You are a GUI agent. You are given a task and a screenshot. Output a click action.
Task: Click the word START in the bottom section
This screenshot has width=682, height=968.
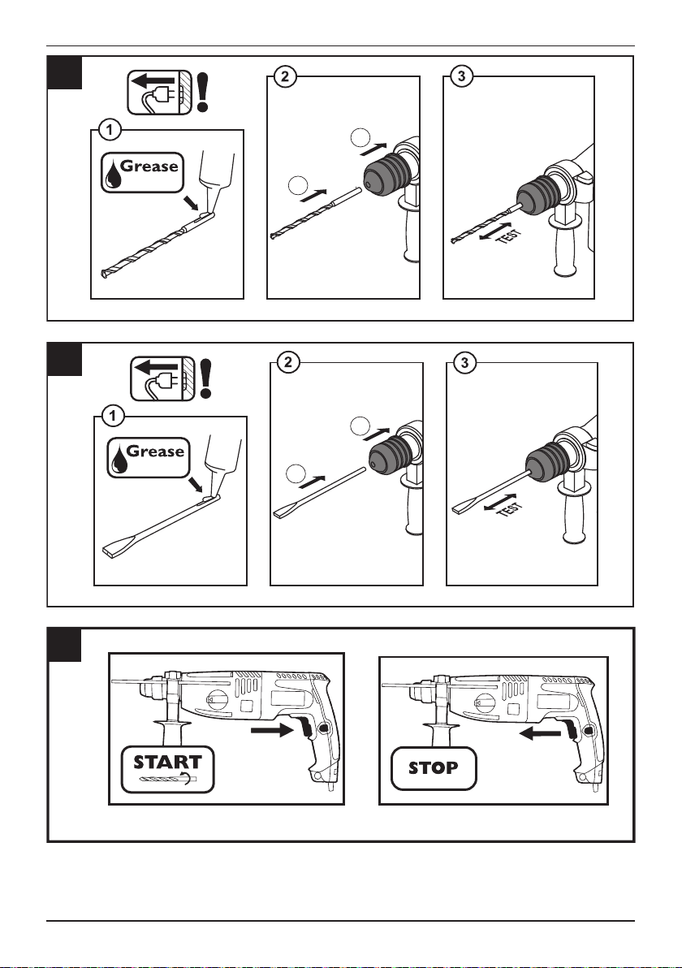[x=167, y=762]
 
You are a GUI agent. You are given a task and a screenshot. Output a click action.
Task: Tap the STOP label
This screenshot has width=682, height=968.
[x=434, y=768]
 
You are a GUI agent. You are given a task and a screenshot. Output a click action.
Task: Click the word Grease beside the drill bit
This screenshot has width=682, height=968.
[x=149, y=166]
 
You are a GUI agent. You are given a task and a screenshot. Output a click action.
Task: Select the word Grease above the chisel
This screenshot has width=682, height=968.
[x=155, y=452]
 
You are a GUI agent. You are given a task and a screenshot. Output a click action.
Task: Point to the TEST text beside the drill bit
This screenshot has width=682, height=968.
[x=510, y=236]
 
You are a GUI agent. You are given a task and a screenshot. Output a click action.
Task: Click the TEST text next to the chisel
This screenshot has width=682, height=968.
[x=510, y=509]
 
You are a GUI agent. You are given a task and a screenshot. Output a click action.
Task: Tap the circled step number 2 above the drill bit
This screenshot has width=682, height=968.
[x=284, y=76]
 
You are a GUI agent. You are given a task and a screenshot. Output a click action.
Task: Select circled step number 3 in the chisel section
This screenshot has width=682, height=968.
[x=464, y=362]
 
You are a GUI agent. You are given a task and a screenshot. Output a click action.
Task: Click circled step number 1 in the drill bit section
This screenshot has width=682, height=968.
[x=110, y=130]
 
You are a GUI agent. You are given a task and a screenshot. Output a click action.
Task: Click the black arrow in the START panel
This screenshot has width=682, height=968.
[x=271, y=730]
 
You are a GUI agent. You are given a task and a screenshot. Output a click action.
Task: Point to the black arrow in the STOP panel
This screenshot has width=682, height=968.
[x=541, y=733]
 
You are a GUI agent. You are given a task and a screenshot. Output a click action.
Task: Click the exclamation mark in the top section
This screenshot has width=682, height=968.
[x=202, y=92]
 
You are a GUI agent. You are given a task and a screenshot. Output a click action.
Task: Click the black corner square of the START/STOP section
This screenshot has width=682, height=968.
[x=64, y=645]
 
